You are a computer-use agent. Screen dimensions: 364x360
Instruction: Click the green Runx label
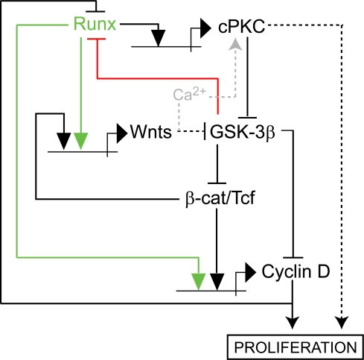pos(95,24)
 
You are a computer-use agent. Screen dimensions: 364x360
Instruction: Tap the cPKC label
pos(242,26)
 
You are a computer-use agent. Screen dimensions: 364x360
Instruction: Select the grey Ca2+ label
pos(190,95)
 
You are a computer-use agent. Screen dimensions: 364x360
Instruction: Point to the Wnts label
pos(151,131)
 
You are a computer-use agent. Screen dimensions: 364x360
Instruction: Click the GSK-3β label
pos(243,132)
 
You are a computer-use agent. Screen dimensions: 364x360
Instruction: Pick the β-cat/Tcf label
pos(220,198)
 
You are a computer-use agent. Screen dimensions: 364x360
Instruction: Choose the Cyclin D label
pos(296,271)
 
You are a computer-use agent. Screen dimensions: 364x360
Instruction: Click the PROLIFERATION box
pos(296,347)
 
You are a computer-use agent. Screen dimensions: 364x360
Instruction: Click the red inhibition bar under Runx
pos(96,39)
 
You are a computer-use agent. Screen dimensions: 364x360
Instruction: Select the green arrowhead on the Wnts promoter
pos(81,142)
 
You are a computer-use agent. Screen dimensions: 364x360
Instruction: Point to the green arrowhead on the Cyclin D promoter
pos(199,282)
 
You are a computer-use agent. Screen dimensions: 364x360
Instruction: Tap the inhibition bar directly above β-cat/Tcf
pos(217,183)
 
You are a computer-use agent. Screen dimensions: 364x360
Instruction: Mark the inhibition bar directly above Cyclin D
pos(293,258)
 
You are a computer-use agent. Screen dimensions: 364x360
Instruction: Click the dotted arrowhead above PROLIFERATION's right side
pos(342,323)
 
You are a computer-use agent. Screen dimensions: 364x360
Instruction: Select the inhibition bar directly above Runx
pos(95,11)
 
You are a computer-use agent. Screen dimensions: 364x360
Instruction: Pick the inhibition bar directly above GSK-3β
pos(247,118)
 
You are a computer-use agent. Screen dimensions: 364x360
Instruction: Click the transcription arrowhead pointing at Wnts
pos(122,133)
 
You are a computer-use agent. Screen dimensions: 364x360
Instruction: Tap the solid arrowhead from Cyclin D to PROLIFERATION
pos(293,323)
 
